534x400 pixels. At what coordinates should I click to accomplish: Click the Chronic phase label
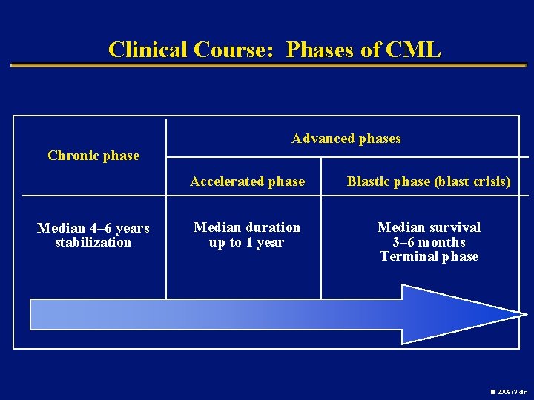pyautogui.click(x=93, y=156)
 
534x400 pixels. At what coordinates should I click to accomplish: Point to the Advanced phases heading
pyautogui.click(x=346, y=139)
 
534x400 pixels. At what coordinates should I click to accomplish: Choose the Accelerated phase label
pyautogui.click(x=247, y=181)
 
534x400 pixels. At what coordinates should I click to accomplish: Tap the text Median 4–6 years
pyautogui.click(x=93, y=228)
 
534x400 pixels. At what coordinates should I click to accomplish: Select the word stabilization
pyautogui.click(x=93, y=242)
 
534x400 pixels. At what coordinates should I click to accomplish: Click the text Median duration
pyautogui.click(x=247, y=227)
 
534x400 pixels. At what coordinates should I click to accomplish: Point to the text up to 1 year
pyautogui.click(x=247, y=242)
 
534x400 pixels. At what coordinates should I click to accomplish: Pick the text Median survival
pyautogui.click(x=429, y=227)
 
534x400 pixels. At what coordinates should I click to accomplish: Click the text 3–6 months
pyautogui.click(x=429, y=242)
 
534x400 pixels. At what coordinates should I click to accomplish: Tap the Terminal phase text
pyautogui.click(x=429, y=256)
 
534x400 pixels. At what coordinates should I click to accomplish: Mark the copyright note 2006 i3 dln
pyautogui.click(x=510, y=391)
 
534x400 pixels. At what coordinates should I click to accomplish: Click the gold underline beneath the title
pyautogui.click(x=267, y=66)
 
